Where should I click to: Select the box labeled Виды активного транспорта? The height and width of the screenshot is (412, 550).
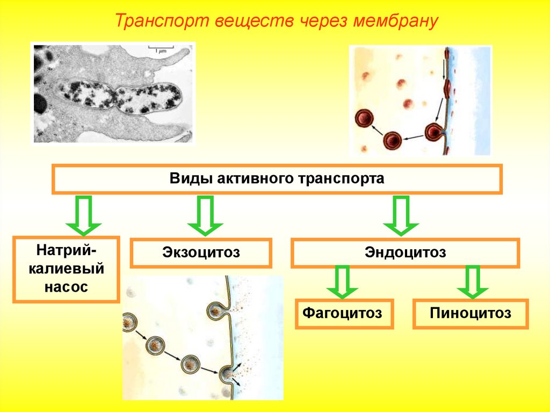click(277, 179)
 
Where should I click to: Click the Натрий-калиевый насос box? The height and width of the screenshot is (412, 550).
click(66, 269)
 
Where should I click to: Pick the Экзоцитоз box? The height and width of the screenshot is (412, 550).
click(201, 253)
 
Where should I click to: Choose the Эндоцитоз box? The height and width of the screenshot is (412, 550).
click(405, 253)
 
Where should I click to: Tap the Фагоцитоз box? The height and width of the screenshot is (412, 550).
click(344, 314)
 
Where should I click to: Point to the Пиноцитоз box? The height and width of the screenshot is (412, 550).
click(471, 314)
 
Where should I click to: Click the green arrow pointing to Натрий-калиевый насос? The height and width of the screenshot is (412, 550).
click(83, 215)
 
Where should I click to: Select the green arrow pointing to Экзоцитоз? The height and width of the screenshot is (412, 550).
click(205, 215)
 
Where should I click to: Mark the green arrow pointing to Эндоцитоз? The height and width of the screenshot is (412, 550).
click(401, 215)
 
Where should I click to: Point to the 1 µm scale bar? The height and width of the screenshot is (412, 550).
click(160, 48)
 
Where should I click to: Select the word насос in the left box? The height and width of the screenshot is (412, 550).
click(66, 287)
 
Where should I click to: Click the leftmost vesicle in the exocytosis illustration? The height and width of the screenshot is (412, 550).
click(129, 322)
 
